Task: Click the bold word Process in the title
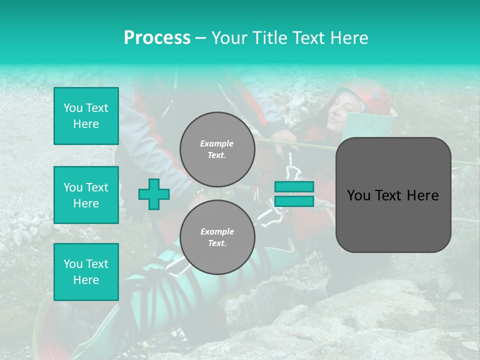tap(157, 38)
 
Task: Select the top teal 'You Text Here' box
tap(86, 116)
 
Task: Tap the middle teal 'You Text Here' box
tap(86, 195)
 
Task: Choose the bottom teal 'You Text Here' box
tap(86, 272)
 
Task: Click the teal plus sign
tap(154, 194)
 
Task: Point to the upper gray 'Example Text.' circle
tap(217, 149)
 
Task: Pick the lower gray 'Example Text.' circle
tap(217, 237)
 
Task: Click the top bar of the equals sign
tap(294, 186)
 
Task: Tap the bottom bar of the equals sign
tap(294, 201)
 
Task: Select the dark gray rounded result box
tap(393, 195)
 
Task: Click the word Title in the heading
tap(269, 38)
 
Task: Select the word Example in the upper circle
tap(217, 143)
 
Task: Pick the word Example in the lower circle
tap(217, 231)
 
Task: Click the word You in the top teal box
tap(73, 108)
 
